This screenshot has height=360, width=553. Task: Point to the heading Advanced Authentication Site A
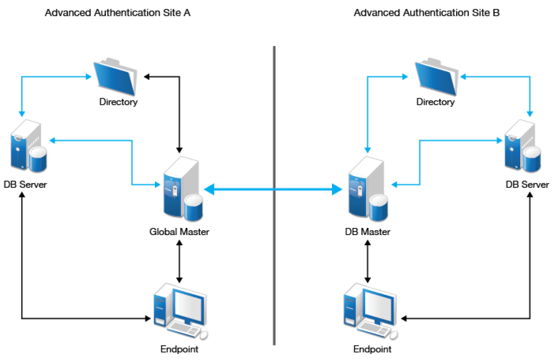[x=118, y=13]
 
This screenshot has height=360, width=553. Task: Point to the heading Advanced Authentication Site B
[x=427, y=13]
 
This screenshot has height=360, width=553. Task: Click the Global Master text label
[x=179, y=231]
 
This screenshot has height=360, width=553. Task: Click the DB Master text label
[x=368, y=231]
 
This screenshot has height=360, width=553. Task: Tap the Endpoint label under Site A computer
[x=179, y=349]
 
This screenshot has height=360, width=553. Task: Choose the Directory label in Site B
[x=435, y=102]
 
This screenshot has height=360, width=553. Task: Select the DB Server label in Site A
[x=25, y=184]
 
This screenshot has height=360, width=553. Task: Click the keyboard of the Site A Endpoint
[x=185, y=329]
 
